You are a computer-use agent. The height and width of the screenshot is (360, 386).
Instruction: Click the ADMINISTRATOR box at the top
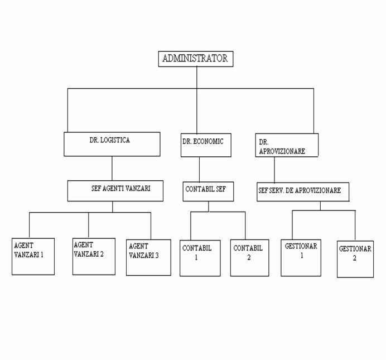pos(196,59)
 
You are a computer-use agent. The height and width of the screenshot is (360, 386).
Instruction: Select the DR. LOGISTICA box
pos(112,144)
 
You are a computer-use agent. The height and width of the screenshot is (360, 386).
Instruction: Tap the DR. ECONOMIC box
pos(206,145)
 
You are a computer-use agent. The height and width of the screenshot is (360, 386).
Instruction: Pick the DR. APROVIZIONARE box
pos(287,145)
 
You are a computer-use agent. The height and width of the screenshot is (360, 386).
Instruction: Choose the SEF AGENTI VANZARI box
pos(115,191)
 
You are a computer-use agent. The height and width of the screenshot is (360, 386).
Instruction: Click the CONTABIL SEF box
pos(208,191)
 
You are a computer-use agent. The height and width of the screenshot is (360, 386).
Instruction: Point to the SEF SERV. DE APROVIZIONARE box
pos(303,192)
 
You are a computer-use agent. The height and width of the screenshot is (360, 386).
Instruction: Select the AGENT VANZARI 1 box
pos(33,256)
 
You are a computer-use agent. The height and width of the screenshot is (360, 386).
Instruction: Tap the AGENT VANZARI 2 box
pos(94,256)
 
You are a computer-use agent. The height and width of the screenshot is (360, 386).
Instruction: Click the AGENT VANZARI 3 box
pos(148,257)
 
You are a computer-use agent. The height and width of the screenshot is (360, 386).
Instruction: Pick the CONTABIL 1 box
pos(200,258)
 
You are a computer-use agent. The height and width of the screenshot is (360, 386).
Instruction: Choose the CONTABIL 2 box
pos(250,258)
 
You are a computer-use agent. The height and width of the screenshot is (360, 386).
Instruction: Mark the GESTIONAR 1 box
pos(301,258)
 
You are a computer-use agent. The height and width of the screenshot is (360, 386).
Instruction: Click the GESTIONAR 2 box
pos(355,259)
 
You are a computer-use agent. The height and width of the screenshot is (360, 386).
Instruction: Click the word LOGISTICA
pos(115,140)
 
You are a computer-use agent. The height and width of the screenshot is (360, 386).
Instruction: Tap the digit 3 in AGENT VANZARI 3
pos(157,256)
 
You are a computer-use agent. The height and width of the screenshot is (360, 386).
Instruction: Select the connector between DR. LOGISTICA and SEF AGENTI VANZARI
pos(112,169)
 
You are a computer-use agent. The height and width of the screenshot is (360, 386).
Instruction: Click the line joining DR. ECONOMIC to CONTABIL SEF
pos(199,170)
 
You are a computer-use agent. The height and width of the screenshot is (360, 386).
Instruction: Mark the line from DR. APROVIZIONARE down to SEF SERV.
pos(274,170)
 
